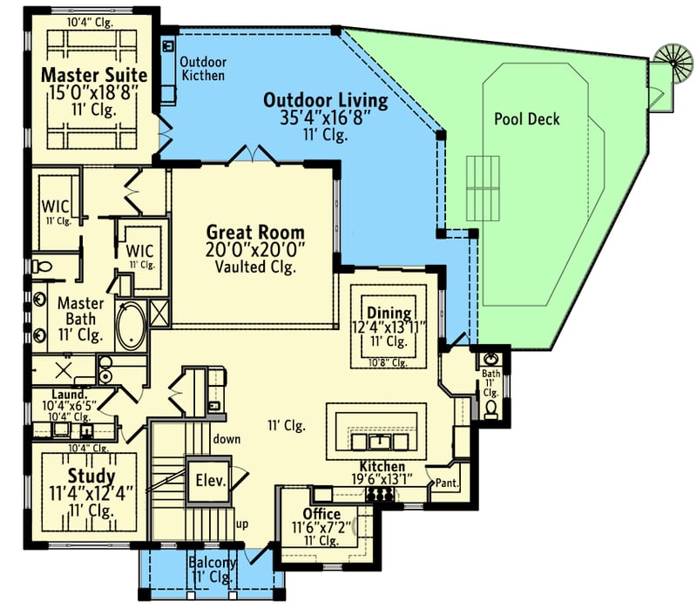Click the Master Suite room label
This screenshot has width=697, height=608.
(x=94, y=75)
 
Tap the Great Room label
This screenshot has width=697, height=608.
(x=255, y=232)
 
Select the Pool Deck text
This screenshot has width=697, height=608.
(x=526, y=119)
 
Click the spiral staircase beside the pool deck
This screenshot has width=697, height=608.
(x=670, y=62)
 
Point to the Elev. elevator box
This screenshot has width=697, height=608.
(x=209, y=480)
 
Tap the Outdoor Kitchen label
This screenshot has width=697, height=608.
(x=202, y=69)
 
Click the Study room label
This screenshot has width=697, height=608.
(x=90, y=476)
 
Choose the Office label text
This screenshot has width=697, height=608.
(x=321, y=514)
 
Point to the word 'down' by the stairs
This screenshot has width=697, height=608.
(x=227, y=439)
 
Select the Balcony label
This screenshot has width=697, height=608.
(x=212, y=563)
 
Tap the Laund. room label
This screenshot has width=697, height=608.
(x=58, y=393)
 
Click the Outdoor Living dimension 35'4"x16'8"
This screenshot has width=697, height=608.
(x=325, y=118)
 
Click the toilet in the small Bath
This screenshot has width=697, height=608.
(x=491, y=408)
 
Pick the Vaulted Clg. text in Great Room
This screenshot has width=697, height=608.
(x=255, y=267)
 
